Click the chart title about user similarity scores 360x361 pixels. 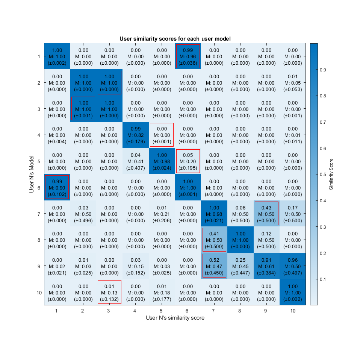point(175,38)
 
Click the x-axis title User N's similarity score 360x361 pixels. point(175,318)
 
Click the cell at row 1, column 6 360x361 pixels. point(188,56)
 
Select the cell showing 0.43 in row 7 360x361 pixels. point(266,214)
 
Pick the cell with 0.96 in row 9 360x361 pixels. point(293,266)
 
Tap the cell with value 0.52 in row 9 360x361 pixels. point(214,266)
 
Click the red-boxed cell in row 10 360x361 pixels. point(109,292)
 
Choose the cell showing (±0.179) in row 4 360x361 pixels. point(136,135)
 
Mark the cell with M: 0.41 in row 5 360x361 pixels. point(136,161)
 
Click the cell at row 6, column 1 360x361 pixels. point(57,187)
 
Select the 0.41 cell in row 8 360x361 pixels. point(214,240)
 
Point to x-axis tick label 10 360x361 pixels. point(293,311)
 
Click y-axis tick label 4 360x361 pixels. point(39,135)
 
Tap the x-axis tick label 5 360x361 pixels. point(162,311)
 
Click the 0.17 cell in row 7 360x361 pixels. point(293,214)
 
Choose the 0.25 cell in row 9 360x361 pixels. point(241,266)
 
